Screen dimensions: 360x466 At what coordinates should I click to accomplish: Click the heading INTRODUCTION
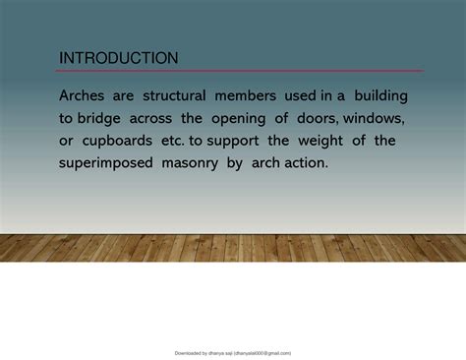(119, 59)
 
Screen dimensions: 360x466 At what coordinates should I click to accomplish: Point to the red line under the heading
(241, 71)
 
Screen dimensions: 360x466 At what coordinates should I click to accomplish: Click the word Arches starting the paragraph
(86, 96)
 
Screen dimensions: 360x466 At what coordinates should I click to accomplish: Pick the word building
(375, 96)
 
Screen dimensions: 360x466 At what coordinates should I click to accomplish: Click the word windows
(382, 118)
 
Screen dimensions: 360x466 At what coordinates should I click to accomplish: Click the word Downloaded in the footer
(189, 352)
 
